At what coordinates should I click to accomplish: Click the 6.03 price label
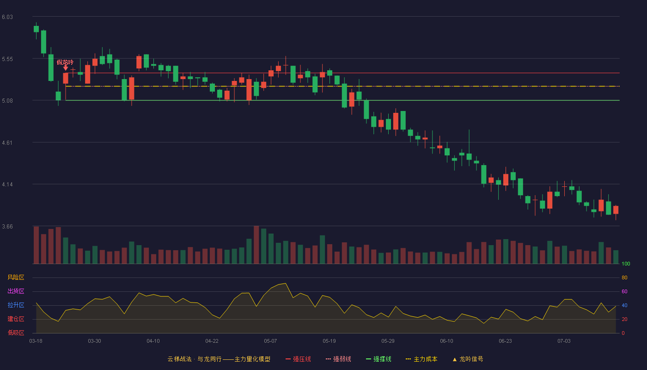(7, 17)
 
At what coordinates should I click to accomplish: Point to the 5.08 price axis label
(7, 101)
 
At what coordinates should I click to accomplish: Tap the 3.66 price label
(7, 227)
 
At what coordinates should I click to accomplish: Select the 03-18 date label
(36, 341)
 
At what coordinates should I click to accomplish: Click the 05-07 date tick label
(270, 341)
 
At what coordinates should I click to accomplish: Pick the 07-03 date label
(564, 341)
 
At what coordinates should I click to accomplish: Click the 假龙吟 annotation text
(65, 62)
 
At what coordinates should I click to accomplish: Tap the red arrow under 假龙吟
(66, 68)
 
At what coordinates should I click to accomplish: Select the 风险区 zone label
(16, 277)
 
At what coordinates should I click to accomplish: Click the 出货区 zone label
(16, 291)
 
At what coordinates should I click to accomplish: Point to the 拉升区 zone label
(16, 305)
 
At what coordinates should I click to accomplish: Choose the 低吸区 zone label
(16, 333)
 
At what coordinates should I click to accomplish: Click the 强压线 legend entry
(299, 359)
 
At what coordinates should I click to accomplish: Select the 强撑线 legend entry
(378, 359)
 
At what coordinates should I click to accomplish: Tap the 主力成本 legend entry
(421, 359)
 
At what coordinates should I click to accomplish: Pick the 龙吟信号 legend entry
(468, 359)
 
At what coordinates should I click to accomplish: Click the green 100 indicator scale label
(626, 264)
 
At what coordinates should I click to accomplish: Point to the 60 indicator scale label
(624, 292)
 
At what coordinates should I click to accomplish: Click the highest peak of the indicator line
(286, 284)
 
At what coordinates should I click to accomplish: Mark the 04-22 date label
(212, 341)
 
